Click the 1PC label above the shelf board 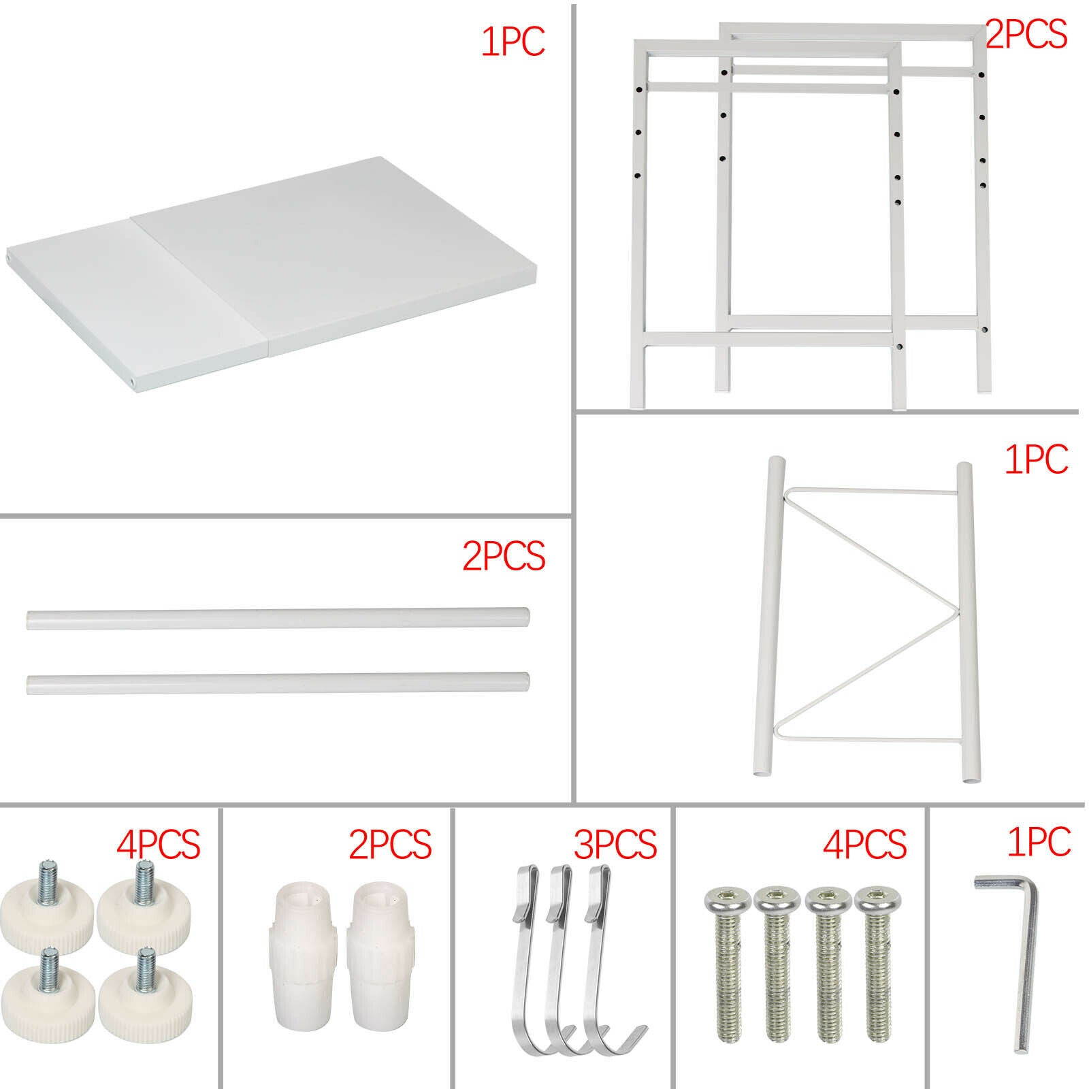point(513,41)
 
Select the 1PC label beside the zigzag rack point(1037,460)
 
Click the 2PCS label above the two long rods point(504,556)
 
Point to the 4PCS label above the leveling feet point(158,844)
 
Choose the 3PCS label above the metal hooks point(615,844)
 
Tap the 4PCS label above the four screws point(864,844)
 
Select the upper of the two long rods point(278,619)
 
